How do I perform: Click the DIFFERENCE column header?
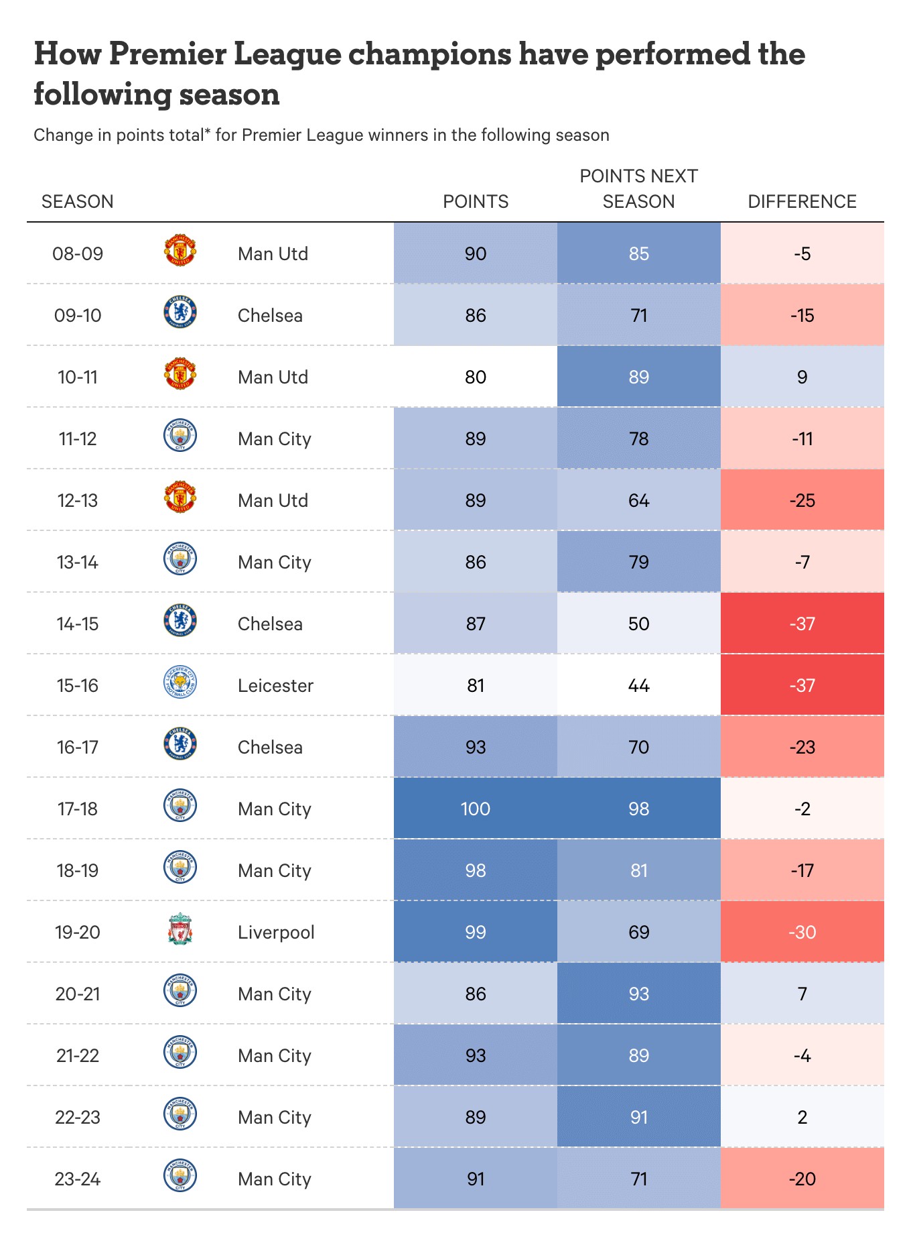point(802,201)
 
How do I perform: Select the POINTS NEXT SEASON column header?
point(638,188)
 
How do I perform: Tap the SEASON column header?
point(78,201)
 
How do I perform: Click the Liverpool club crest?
point(180,931)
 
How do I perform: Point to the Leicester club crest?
point(180,684)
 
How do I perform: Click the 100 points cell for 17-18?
point(476,809)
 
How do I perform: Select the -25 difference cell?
point(802,500)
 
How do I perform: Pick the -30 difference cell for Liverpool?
point(802,932)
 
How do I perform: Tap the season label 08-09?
point(78,253)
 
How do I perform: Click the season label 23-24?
point(78,1179)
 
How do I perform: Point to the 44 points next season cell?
point(638,685)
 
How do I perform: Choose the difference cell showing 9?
point(802,377)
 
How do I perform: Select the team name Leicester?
point(275,685)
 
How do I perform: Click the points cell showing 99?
point(476,932)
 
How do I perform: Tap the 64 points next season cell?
point(638,500)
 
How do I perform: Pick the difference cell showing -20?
point(802,1179)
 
